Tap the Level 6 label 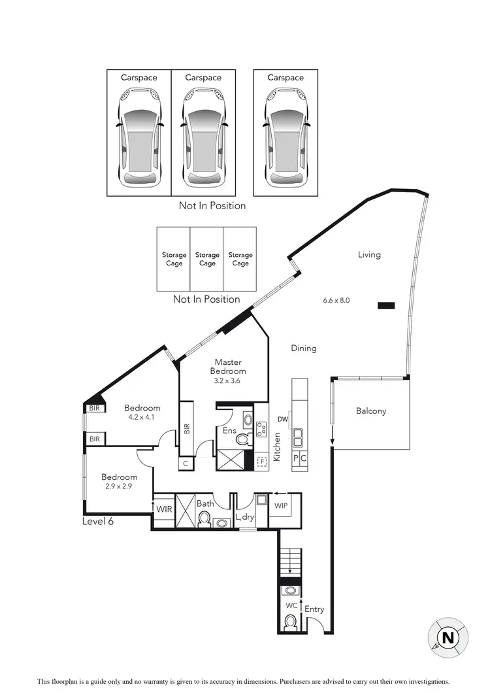tap(98, 521)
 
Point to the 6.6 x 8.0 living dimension tap(336, 301)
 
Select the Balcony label tap(370, 411)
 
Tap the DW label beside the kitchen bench tap(282, 419)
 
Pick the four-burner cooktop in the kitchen tap(261, 430)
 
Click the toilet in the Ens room tap(243, 439)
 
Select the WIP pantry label tap(282, 506)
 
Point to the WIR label tap(163, 507)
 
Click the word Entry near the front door tap(314, 609)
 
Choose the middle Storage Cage tap(207, 259)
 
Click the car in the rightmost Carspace tap(286, 137)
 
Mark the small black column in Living tap(386, 305)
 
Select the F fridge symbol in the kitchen tap(262, 461)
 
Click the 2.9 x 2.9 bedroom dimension tap(119, 486)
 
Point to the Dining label tap(304, 348)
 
